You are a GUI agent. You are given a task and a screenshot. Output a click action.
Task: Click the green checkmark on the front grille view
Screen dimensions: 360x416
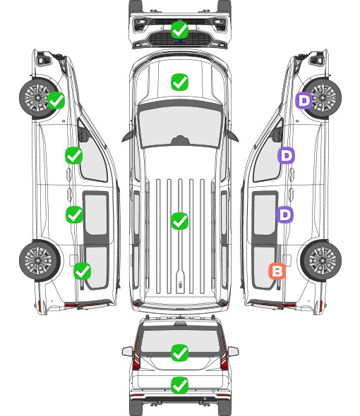179,30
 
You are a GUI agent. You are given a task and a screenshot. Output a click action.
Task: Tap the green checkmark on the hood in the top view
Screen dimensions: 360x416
179,82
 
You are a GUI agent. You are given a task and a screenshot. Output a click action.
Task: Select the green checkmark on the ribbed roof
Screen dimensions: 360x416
179,221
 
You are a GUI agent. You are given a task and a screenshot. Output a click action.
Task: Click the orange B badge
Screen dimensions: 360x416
277,271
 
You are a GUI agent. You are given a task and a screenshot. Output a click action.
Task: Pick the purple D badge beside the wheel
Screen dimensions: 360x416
304,100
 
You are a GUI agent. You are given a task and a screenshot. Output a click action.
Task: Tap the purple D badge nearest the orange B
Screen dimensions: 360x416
284,214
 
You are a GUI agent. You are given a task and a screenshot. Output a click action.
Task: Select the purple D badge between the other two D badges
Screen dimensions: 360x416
286,155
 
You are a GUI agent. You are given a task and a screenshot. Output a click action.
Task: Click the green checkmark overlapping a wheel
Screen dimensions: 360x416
56,100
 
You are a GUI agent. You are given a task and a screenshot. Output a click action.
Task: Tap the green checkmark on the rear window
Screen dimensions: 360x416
179,353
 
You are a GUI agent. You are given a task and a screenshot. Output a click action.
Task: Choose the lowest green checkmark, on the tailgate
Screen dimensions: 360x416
179,385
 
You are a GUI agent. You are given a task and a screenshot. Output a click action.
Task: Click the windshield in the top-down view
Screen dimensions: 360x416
180,127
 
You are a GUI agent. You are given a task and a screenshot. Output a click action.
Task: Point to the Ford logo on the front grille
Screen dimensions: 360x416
180,41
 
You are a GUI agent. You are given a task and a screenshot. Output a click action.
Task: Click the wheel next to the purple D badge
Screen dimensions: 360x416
322,98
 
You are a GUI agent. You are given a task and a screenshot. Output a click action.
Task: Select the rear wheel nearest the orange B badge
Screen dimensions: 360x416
321,260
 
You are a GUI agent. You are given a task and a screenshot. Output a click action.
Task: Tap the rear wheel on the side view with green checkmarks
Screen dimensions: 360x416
40,260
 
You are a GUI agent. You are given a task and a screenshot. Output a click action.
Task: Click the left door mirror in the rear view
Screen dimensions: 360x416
127,351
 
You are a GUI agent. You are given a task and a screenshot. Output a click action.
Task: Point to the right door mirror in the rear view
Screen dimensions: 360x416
233,351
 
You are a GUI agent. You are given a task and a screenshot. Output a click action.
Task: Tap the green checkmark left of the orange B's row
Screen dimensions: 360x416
83,271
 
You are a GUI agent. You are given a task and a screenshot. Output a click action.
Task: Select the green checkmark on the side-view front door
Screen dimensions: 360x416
74,155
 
